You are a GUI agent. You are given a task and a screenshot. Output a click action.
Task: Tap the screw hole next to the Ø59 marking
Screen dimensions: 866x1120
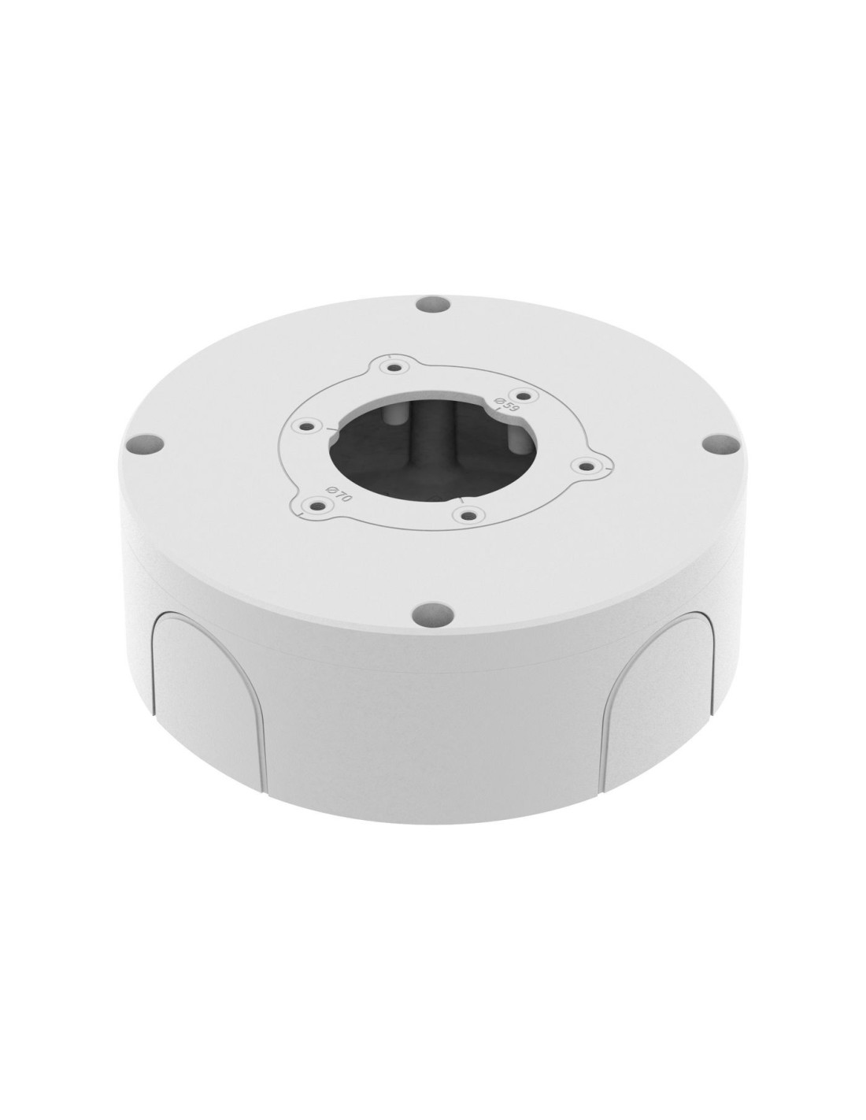pyautogui.click(x=524, y=396)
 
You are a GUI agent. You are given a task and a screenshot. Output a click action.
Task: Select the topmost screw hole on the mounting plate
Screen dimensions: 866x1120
pyautogui.click(x=394, y=368)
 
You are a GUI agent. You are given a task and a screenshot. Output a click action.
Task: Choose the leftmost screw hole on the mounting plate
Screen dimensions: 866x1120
pyautogui.click(x=308, y=427)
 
